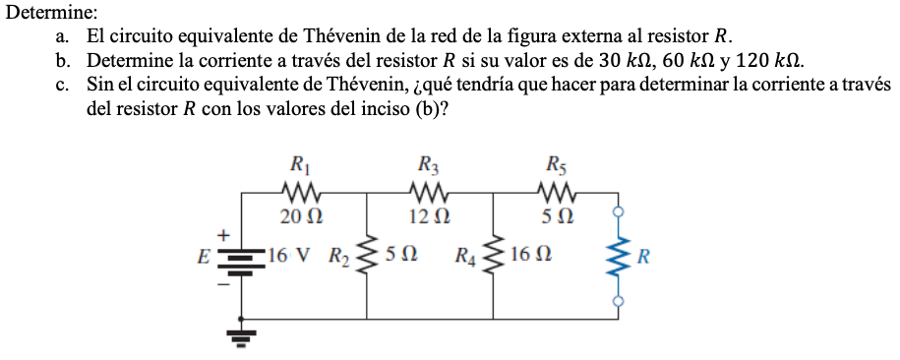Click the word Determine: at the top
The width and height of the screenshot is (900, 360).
52,13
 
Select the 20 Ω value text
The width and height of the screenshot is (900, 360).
295,215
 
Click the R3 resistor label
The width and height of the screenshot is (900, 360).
429,163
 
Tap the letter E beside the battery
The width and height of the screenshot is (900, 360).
203,259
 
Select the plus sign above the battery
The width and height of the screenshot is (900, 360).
223,235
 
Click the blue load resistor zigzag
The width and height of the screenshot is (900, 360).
618,258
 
